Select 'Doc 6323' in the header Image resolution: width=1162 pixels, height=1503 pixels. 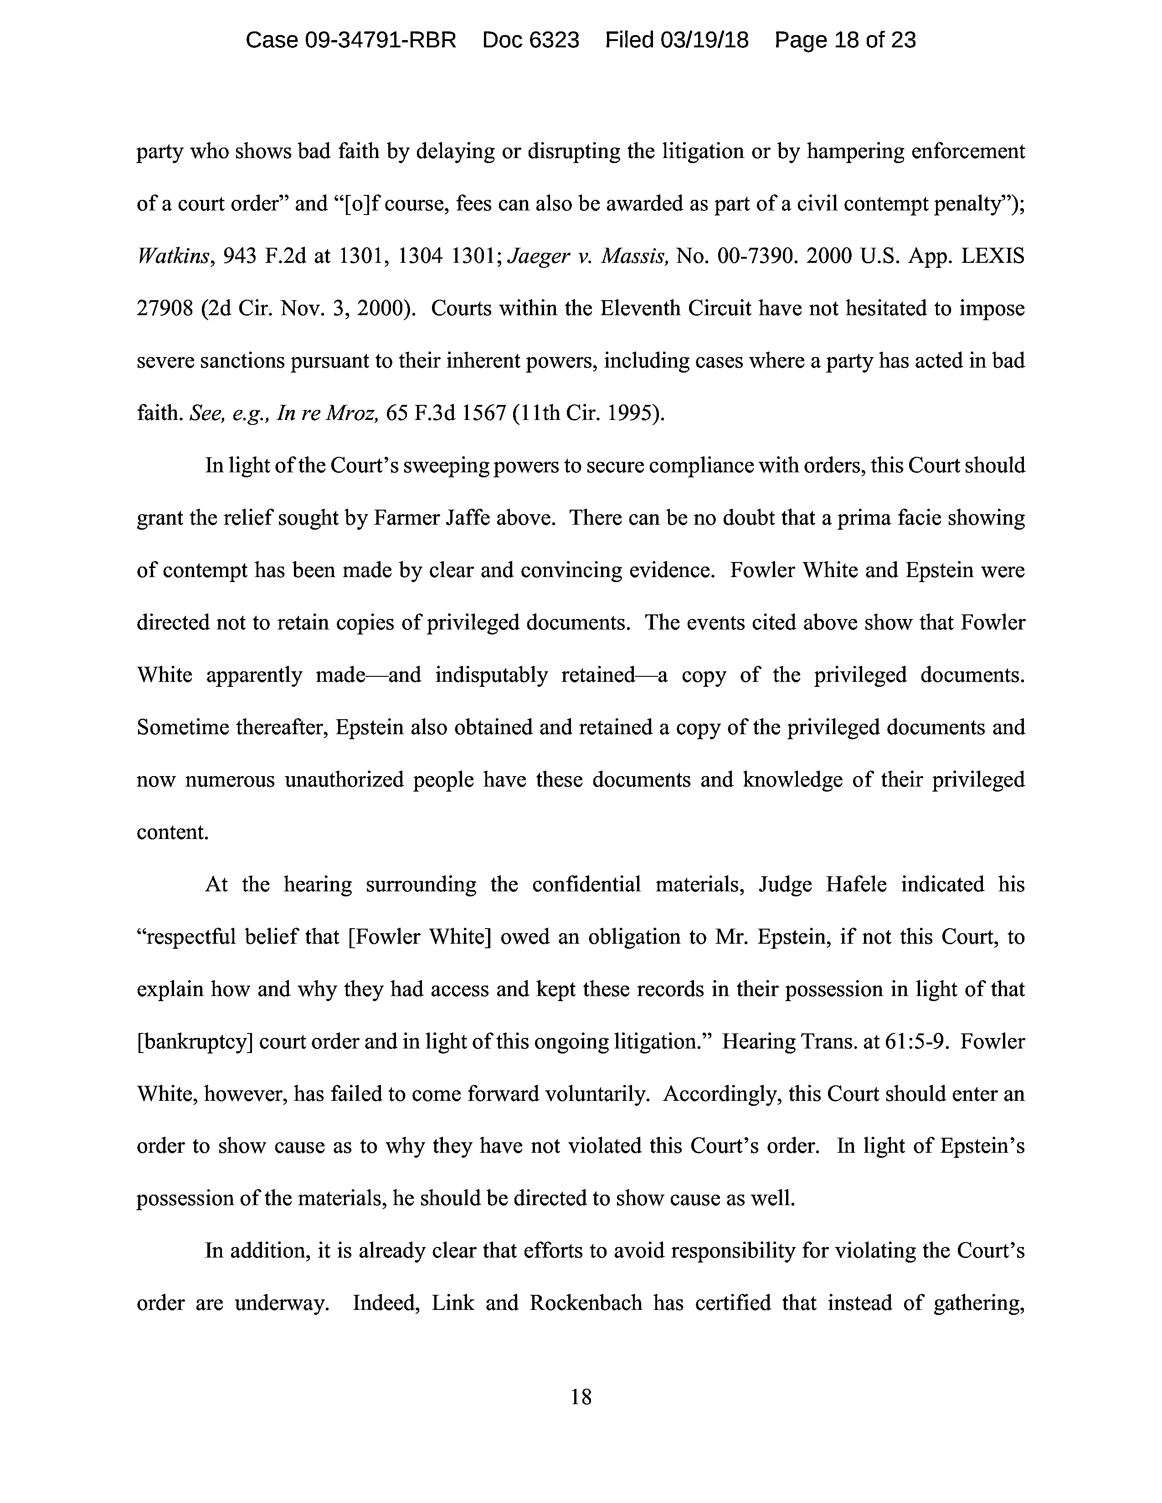531,41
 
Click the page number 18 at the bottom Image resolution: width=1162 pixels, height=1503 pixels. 581,1397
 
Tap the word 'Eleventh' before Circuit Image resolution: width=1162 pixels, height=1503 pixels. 643,309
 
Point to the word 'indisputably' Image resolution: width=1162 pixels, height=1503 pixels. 491,675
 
